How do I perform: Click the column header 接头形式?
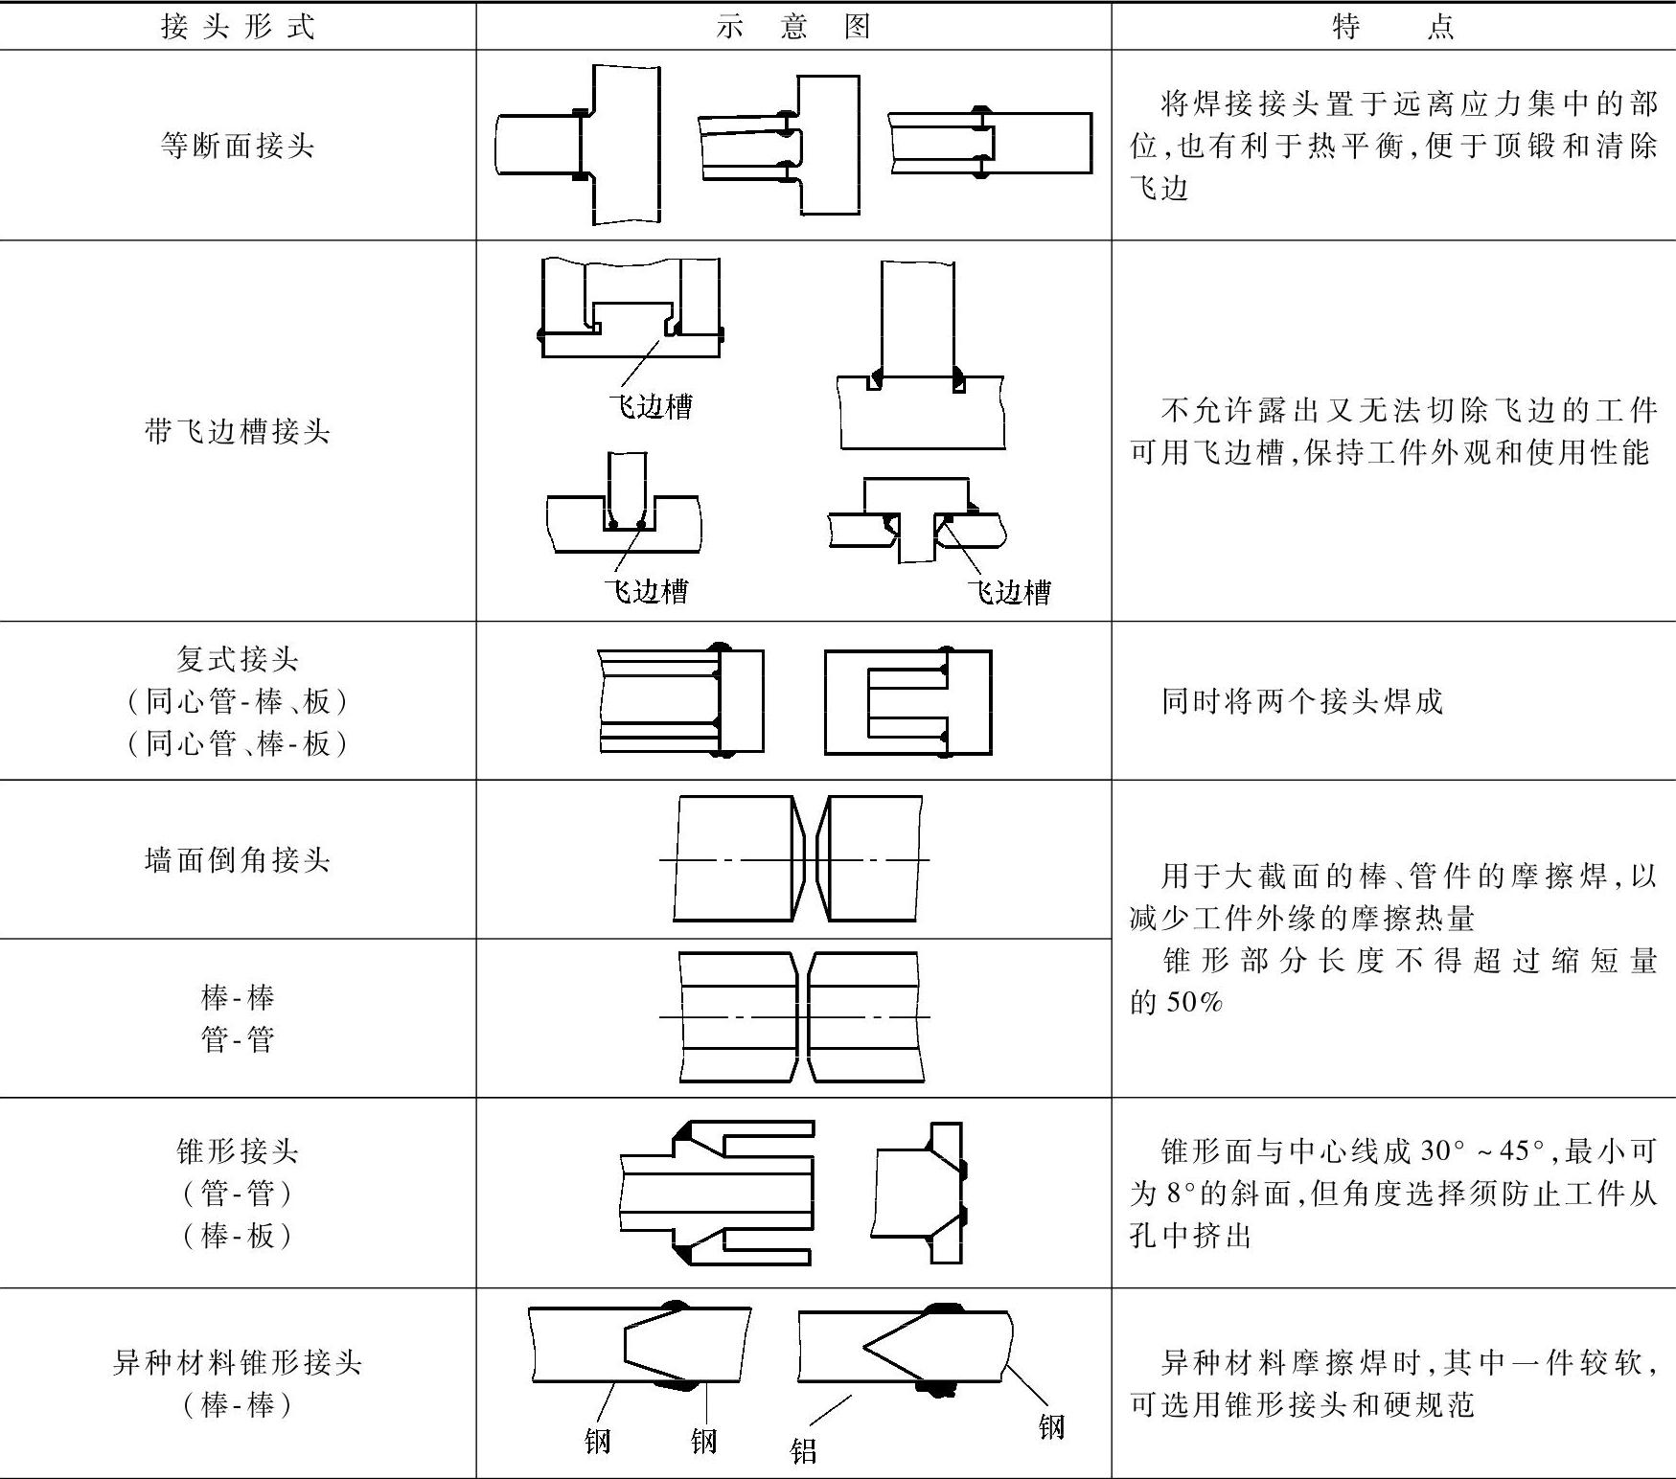tap(238, 26)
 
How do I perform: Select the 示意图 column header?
tap(792, 26)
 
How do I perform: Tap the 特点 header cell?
tap(1392, 26)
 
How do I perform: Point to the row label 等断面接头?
tap(238, 146)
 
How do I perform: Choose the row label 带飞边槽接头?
tap(238, 431)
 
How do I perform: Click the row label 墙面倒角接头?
tap(238, 859)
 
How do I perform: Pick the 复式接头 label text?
tap(238, 659)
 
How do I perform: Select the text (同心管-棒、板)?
tap(238, 701)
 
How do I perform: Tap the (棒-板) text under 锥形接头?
tap(238, 1235)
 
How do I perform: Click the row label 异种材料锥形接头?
tap(238, 1361)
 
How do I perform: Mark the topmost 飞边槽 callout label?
tap(651, 407)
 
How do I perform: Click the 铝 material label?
tap(803, 1450)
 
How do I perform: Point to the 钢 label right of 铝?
tap(1051, 1426)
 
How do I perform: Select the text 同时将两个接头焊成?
tap(1301, 701)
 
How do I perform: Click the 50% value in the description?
tap(1195, 1002)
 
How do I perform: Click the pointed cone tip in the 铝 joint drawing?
tap(865, 1347)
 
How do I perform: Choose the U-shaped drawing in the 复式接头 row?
tap(907, 702)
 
